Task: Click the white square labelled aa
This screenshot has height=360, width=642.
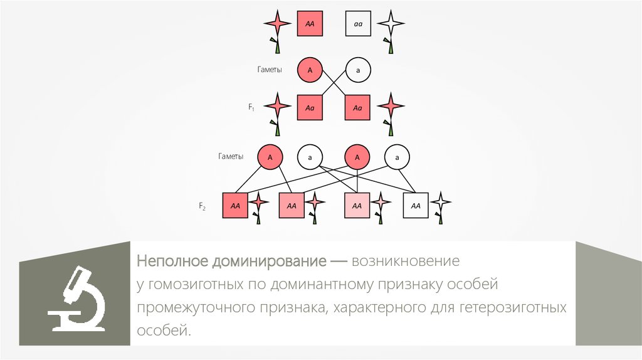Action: tap(358, 24)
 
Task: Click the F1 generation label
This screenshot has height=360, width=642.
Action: tap(251, 109)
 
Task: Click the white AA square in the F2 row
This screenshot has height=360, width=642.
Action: tap(416, 205)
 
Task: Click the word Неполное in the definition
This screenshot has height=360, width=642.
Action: tap(173, 260)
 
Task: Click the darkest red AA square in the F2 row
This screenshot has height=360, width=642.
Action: tap(235, 205)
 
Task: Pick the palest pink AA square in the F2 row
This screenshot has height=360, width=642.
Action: tap(357, 205)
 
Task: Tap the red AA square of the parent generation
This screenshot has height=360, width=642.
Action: tap(309, 24)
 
